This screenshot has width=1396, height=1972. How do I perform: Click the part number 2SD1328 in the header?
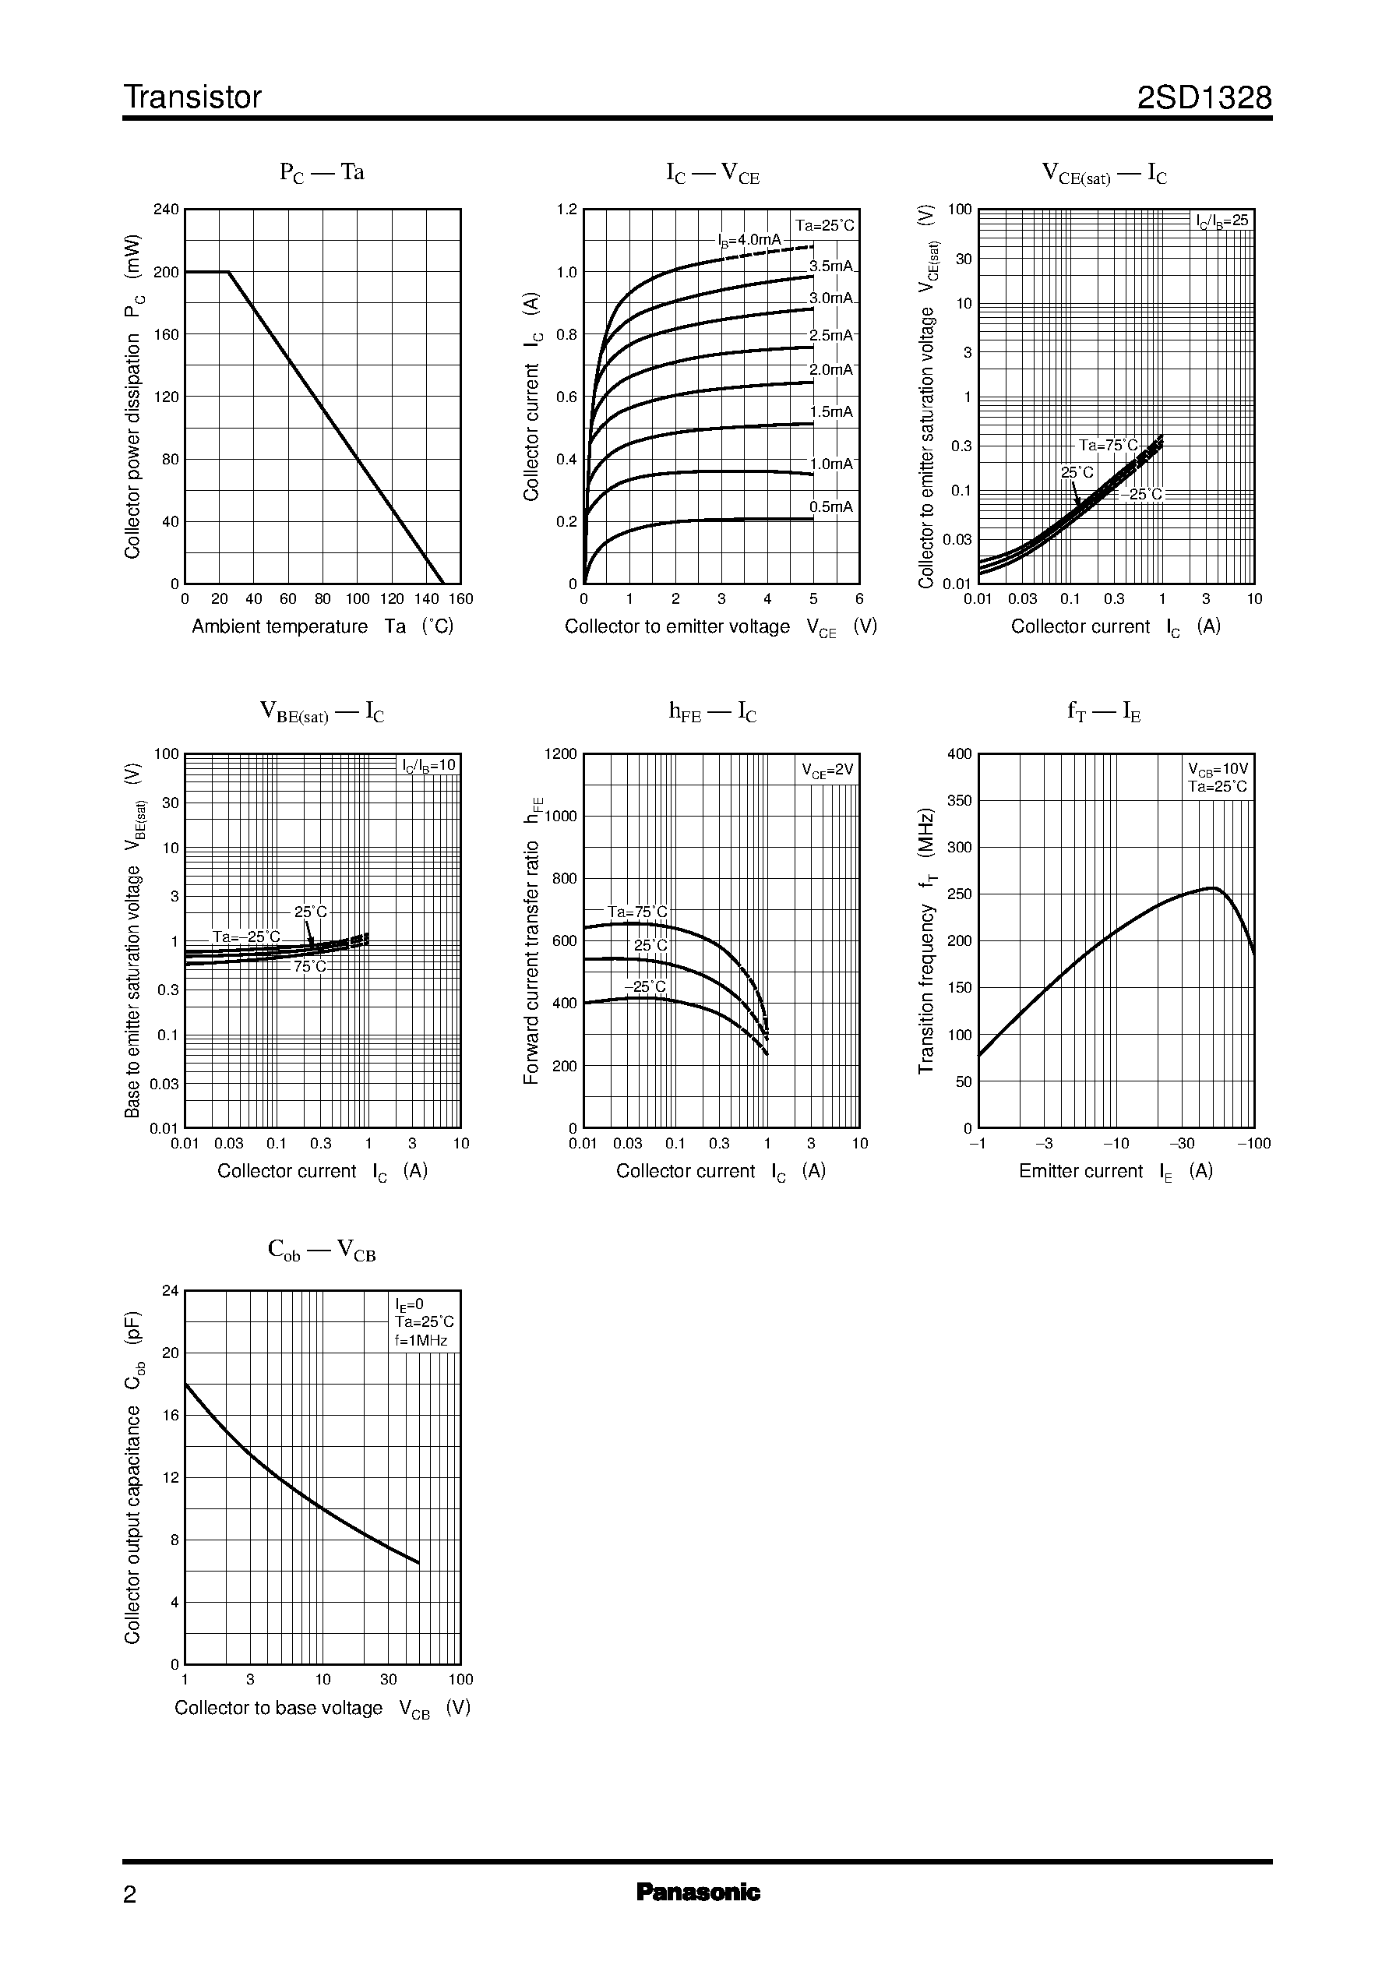[x=1204, y=98]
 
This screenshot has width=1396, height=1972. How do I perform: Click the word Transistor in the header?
[x=192, y=98]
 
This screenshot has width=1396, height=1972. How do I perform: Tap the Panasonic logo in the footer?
[x=698, y=1892]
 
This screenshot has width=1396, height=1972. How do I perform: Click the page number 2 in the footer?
[x=130, y=1895]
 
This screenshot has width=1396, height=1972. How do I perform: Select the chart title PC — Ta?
[x=322, y=172]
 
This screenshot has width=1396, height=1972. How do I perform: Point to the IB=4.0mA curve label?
[x=749, y=241]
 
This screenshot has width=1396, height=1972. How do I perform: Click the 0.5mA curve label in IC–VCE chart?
[x=831, y=506]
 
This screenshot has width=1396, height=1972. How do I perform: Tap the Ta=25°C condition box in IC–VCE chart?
[x=824, y=226]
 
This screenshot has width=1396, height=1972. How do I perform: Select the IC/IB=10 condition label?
[x=429, y=765]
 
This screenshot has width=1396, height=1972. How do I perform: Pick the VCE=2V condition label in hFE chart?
[x=827, y=771]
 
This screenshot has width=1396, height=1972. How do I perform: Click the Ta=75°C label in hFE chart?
[x=637, y=912]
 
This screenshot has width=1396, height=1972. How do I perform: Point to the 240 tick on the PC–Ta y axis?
[x=166, y=210]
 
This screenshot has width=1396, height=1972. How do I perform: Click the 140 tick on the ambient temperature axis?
[x=426, y=599]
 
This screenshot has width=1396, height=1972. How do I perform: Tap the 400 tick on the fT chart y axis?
[x=959, y=754]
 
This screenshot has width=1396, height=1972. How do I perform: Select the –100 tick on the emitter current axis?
[x=1253, y=1143]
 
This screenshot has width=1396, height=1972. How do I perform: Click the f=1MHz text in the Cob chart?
[x=421, y=1340]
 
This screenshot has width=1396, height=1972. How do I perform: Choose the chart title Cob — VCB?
[x=322, y=1251]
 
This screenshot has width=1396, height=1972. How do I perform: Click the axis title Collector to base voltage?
[x=279, y=1708]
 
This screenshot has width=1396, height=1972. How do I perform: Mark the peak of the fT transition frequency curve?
[x=1213, y=887]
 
